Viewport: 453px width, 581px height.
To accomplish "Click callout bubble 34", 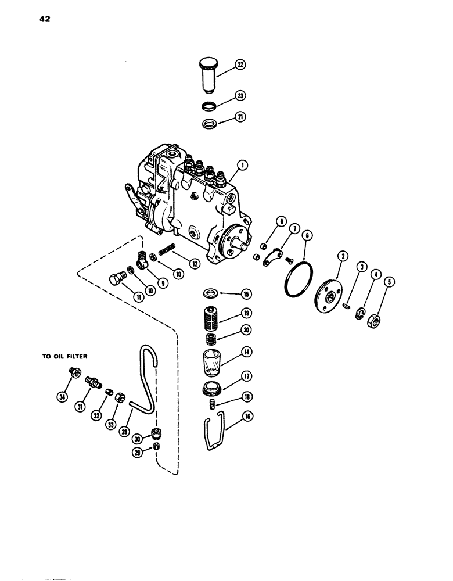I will [x=62, y=397].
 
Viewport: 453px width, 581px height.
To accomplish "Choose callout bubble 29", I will [x=136, y=451].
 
